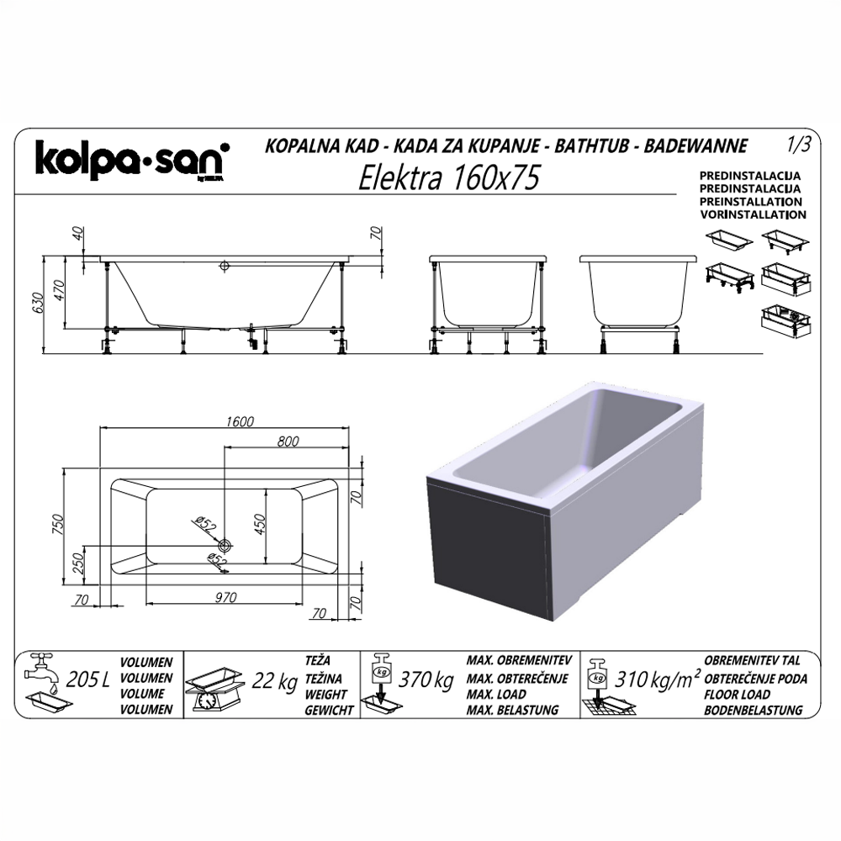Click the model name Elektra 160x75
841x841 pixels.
click(448, 177)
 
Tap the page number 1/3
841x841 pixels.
click(799, 145)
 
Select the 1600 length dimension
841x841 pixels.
click(239, 421)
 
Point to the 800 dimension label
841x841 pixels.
click(288, 441)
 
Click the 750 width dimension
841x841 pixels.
click(57, 525)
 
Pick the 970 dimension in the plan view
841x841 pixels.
click(225, 597)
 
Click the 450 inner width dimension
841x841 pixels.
click(260, 525)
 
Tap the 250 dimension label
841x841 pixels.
click(78, 563)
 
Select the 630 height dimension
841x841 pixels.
click(37, 304)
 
